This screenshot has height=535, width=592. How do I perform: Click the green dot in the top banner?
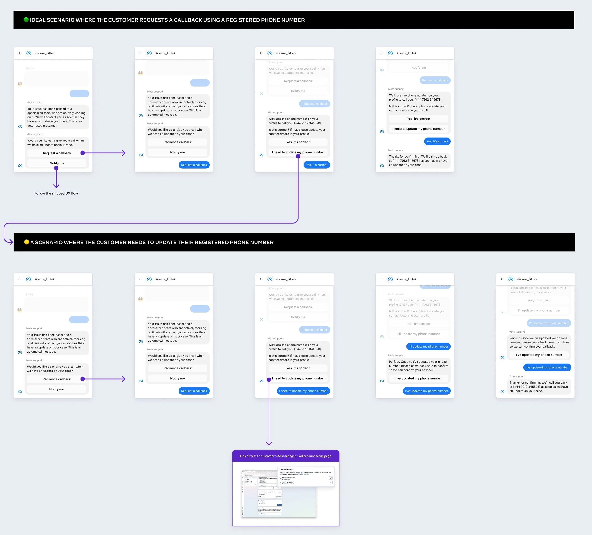click(26, 20)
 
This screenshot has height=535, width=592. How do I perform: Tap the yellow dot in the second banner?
click(27, 242)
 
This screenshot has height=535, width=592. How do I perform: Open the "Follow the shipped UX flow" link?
click(56, 193)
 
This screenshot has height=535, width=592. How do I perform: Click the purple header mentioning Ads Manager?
click(285, 456)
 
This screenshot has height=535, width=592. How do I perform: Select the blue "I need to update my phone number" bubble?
click(303, 391)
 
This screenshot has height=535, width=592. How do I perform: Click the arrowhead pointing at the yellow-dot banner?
click(11, 242)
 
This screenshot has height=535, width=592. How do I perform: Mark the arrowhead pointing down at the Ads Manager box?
click(269, 443)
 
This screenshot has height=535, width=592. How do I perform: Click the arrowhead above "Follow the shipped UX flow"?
click(56, 186)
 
